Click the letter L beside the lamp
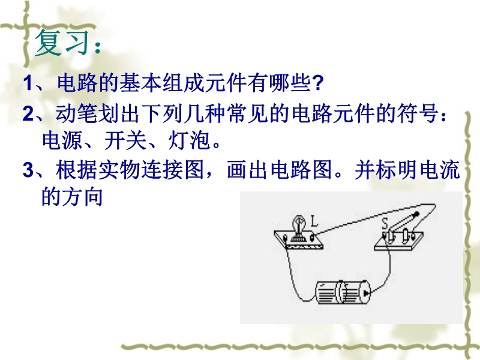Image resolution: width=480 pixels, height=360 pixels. click(x=314, y=221)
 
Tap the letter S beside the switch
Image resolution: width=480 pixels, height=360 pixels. click(x=385, y=223)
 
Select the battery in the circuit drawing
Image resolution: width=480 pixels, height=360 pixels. click(x=343, y=292)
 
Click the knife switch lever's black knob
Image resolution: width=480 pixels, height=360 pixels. click(x=416, y=214)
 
